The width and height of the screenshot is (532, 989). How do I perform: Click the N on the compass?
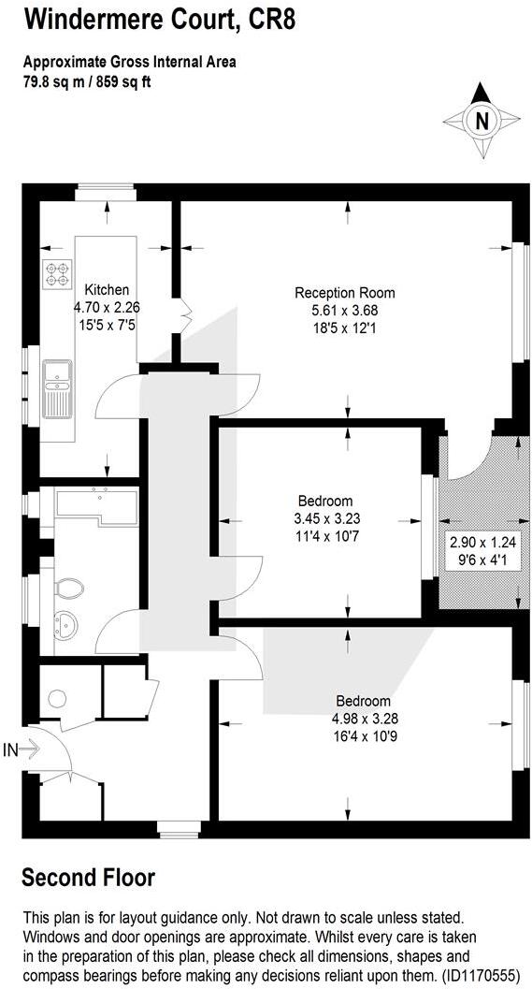482,121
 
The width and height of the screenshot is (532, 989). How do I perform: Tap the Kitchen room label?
107,289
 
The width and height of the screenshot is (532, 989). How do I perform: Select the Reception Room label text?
337,292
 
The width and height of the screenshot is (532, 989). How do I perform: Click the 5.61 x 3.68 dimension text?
337,310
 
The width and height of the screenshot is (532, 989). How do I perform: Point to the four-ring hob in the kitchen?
56,272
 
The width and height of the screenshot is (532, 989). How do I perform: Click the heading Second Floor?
88,878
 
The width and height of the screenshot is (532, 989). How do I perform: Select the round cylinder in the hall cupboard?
57,698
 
